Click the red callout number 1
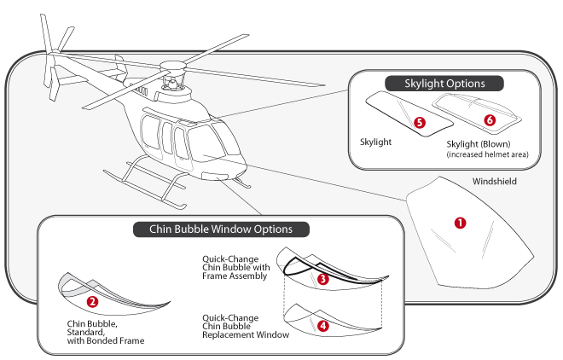pyautogui.click(x=461, y=223)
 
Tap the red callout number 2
pyautogui.click(x=92, y=301)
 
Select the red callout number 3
pyautogui.click(x=323, y=279)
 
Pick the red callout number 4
pyautogui.click(x=323, y=326)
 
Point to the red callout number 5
pyautogui.click(x=420, y=123)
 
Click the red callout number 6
pyautogui.click(x=490, y=120)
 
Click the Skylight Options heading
pyautogui.click(x=444, y=84)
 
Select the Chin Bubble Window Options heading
pyautogui.click(x=221, y=229)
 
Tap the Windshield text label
pyautogui.click(x=495, y=181)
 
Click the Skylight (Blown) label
pyautogui.click(x=479, y=144)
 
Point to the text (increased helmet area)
pyautogui.click(x=487, y=154)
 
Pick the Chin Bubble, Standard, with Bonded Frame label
pyautogui.click(x=106, y=333)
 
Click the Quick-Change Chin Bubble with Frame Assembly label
pyautogui.click(x=236, y=267)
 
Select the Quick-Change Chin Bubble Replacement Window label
pyautogui.click(x=246, y=326)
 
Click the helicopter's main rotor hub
pyautogui.click(x=172, y=67)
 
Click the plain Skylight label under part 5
pyautogui.click(x=375, y=142)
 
